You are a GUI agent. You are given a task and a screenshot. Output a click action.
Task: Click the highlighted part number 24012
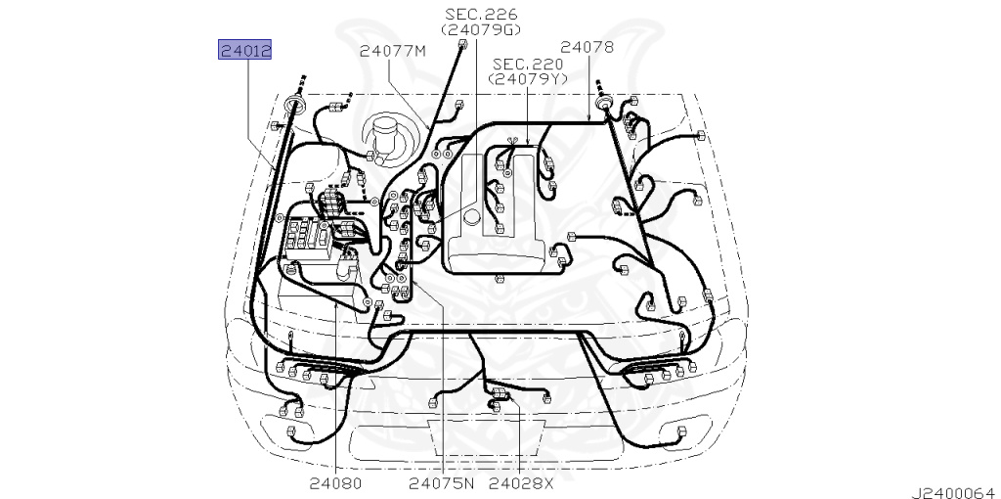point(244,50)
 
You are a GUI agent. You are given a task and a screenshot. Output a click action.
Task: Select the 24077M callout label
point(393,52)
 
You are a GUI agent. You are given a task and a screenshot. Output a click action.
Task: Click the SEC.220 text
point(529,64)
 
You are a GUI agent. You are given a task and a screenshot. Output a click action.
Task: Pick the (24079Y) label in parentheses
point(529,79)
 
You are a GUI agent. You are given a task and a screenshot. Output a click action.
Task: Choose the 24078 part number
point(587,47)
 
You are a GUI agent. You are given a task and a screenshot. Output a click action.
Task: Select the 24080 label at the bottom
point(335,482)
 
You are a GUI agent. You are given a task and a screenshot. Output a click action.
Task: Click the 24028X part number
point(521,482)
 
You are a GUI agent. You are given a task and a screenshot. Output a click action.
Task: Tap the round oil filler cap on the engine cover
point(473,215)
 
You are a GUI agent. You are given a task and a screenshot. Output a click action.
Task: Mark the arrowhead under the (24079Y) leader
point(528,144)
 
